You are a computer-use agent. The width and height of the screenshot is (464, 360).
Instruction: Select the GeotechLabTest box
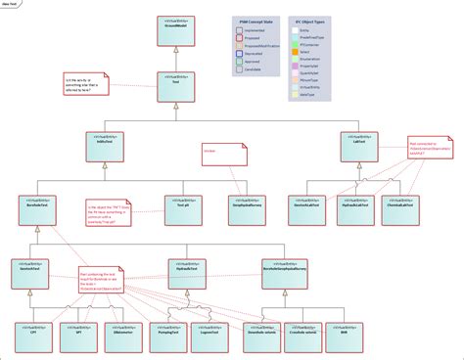pos(307,207)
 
